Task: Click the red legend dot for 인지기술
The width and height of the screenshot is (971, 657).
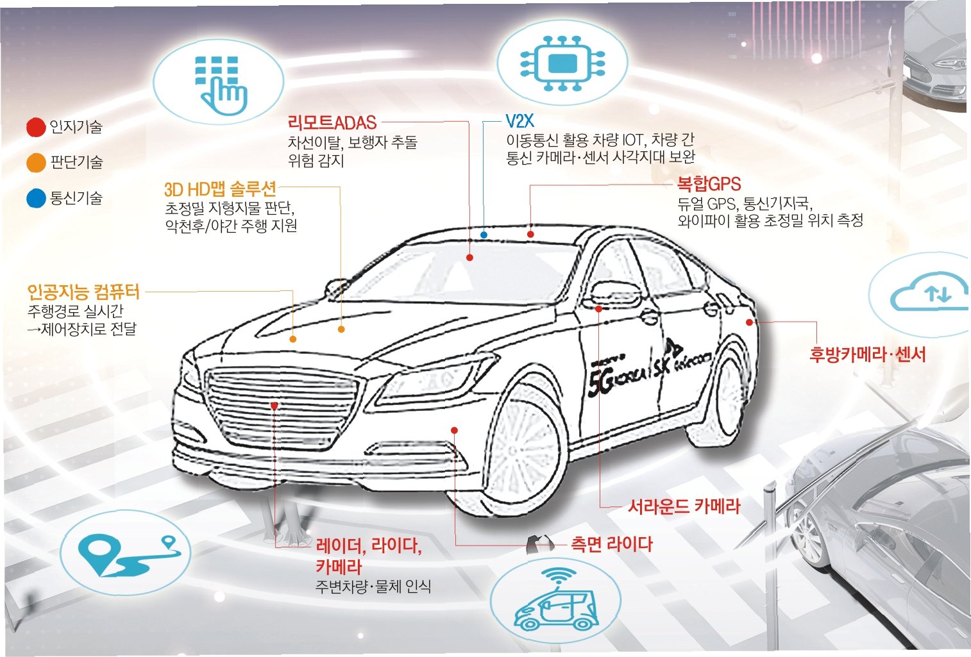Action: tap(36, 127)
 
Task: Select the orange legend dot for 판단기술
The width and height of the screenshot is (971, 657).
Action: tap(36, 162)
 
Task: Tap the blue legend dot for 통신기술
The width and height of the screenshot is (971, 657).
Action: tap(36, 198)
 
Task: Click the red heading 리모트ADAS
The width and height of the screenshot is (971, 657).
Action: tap(332, 122)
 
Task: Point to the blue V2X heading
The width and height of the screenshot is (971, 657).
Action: tap(519, 121)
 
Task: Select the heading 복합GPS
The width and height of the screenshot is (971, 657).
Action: tap(709, 185)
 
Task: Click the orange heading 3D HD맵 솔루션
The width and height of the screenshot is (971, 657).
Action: tap(220, 189)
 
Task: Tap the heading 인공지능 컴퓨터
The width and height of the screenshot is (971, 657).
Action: tap(83, 292)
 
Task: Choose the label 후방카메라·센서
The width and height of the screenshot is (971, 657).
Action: tap(867, 354)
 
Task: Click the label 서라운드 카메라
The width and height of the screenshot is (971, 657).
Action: tap(684, 506)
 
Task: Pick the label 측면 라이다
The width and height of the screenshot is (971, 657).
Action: tap(611, 544)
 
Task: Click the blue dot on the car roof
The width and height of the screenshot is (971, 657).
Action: tap(484, 235)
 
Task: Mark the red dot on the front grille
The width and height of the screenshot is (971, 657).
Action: tap(274, 406)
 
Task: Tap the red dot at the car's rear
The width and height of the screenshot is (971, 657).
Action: tap(750, 322)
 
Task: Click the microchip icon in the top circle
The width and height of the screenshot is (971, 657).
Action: tap(562, 63)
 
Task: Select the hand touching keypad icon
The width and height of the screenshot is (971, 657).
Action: tap(219, 83)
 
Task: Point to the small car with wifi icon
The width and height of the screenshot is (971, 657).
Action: tap(555, 602)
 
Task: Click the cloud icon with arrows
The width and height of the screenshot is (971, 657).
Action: tap(930, 295)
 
